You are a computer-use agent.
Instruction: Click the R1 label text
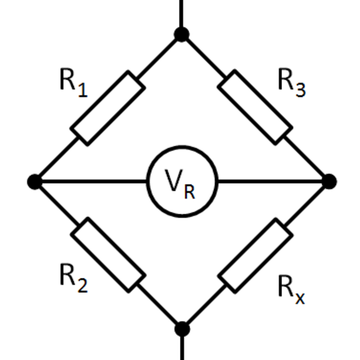click(73, 82)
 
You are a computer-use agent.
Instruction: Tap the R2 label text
click(73, 277)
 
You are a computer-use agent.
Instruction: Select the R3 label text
click(291, 82)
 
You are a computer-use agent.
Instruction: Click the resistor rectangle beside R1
click(108, 108)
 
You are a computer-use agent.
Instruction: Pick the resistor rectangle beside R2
click(108, 255)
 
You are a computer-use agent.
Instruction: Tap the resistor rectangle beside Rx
click(255, 255)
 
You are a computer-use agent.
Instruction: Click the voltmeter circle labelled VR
click(182, 181)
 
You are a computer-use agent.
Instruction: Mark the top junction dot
click(181, 34)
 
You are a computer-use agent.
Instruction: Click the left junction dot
click(35, 181)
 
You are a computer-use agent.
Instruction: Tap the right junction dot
click(329, 181)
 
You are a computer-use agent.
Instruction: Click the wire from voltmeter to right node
click(273, 181)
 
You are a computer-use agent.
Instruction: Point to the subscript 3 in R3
click(300, 90)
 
